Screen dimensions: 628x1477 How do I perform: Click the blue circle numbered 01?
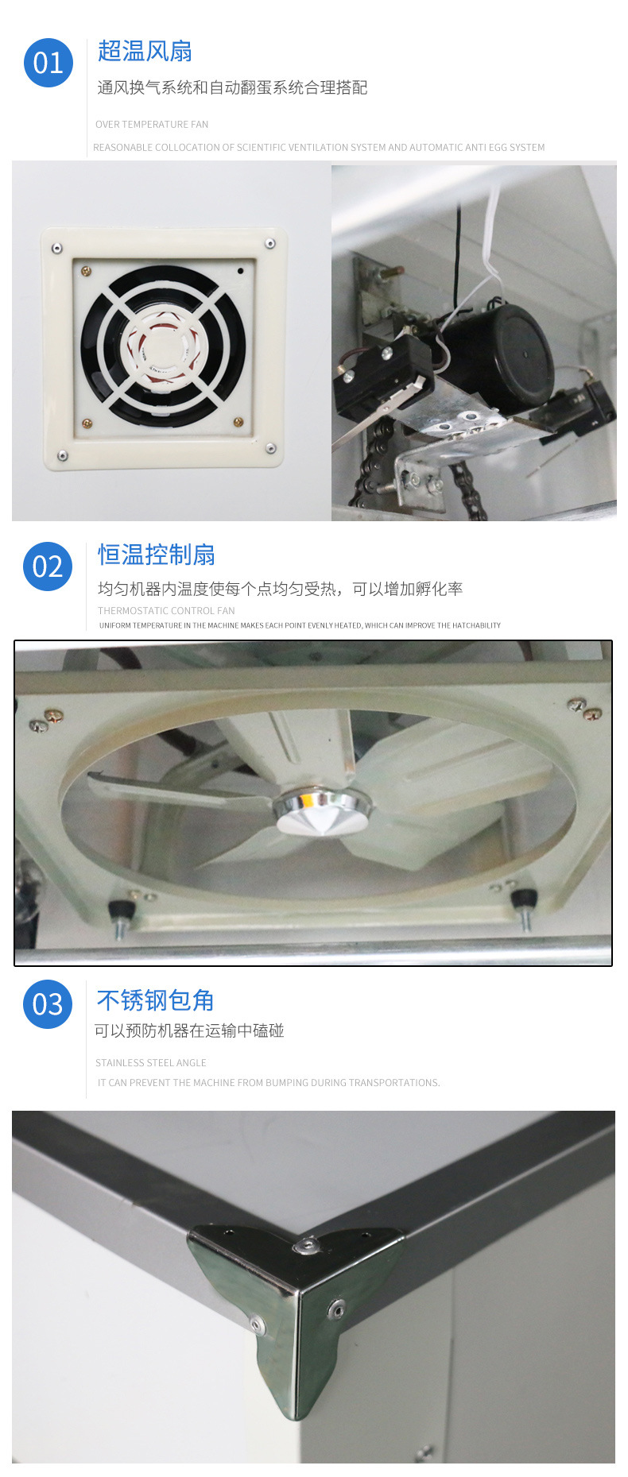[48, 63]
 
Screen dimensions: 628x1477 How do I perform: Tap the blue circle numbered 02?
[48, 566]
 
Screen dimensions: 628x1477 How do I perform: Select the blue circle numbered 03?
[48, 1004]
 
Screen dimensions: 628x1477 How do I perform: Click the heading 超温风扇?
[145, 52]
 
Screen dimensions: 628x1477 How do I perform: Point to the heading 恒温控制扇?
[157, 555]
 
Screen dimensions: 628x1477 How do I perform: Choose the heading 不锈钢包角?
[156, 1000]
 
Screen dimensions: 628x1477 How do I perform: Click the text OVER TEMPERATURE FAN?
[152, 124]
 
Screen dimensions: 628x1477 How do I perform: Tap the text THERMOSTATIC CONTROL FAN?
[166, 611]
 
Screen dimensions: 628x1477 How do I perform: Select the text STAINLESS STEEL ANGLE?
[151, 1063]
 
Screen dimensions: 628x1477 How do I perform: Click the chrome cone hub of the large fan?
[321, 810]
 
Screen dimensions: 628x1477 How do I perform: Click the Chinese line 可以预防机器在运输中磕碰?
[189, 1030]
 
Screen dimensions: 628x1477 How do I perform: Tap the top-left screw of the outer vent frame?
[56, 249]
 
